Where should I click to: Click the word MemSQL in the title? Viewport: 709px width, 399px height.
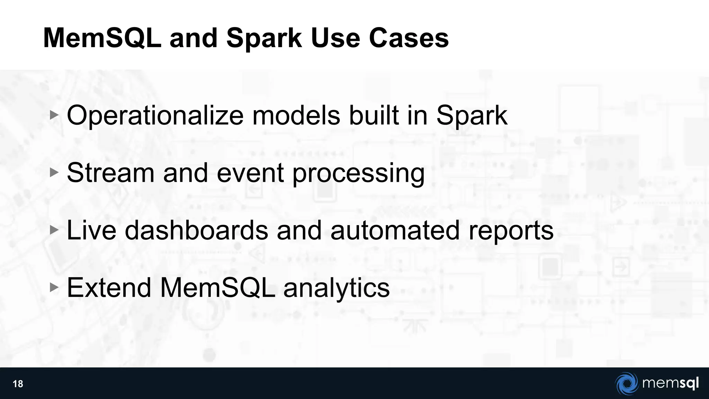(102, 38)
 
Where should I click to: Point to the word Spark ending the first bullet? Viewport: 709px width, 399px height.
(472, 115)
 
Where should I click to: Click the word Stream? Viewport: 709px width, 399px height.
(110, 172)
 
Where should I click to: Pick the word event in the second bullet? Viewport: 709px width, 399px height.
(250, 172)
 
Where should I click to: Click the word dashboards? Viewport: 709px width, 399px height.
(196, 230)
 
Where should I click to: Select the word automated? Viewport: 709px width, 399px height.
(395, 230)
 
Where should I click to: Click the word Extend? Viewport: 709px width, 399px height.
(109, 287)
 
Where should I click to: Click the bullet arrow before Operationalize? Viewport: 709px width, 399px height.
(54, 115)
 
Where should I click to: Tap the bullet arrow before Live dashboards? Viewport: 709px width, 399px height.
(54, 230)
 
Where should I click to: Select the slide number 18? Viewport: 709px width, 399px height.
(18, 384)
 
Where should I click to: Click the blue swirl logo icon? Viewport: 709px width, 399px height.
(627, 383)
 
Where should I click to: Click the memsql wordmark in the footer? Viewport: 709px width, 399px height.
(670, 383)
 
